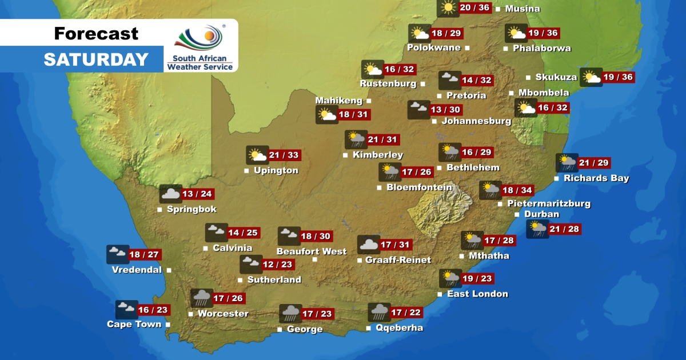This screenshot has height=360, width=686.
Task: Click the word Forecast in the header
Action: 96,34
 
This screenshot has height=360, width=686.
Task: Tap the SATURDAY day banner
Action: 96,59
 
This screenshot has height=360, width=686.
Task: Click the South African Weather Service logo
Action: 200,46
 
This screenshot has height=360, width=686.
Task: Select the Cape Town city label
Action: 134,324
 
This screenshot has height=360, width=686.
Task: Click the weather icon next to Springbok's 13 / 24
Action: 170,194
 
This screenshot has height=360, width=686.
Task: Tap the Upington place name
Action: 276,170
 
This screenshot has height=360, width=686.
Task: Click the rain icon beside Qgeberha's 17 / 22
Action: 379,312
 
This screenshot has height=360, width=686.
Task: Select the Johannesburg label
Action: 476,121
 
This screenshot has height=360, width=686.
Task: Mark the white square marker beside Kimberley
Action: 345,155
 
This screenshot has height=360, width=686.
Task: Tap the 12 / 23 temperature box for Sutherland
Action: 278,265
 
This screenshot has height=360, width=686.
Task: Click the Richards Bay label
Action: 596,178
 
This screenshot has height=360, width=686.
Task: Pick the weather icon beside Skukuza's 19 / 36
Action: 591,77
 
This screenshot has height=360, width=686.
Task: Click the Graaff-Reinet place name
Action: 398,260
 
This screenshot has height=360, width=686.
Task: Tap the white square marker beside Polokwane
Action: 467,48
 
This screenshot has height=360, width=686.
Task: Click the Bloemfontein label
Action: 419,187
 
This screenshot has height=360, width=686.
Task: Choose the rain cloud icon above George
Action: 290,314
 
